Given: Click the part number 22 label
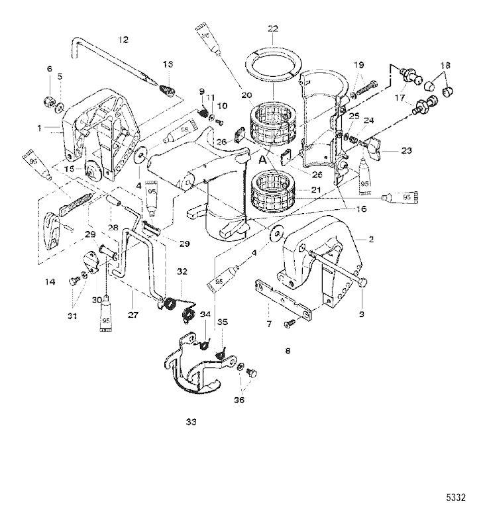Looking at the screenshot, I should pos(273,28).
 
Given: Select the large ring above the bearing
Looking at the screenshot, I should pos(274,65).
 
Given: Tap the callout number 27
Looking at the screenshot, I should pos(133,315).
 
